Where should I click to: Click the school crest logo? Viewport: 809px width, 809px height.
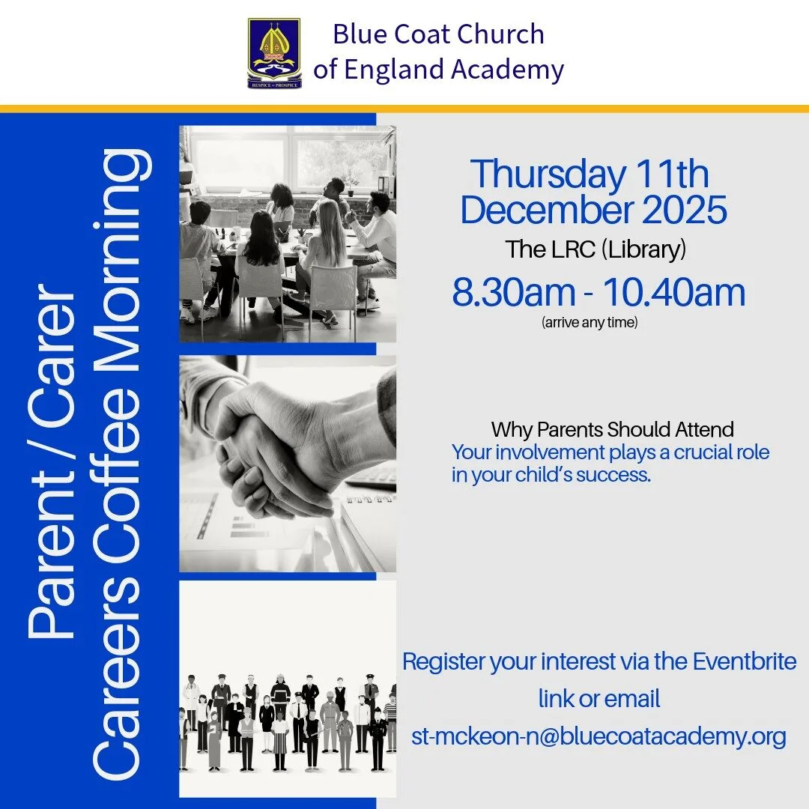(x=274, y=53)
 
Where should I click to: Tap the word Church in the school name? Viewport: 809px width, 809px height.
(x=500, y=34)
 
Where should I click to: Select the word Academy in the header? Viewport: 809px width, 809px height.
(x=508, y=70)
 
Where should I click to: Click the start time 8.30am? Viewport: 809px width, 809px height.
(x=513, y=293)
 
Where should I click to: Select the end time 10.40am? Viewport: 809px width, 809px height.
(x=674, y=293)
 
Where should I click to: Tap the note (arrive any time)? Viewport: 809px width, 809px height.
(x=590, y=322)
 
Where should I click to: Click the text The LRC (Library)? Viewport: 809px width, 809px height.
(x=596, y=249)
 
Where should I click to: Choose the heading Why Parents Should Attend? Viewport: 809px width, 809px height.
(x=613, y=429)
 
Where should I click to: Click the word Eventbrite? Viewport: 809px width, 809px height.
(x=744, y=661)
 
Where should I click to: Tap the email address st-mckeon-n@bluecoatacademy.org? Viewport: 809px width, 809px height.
(x=599, y=736)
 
